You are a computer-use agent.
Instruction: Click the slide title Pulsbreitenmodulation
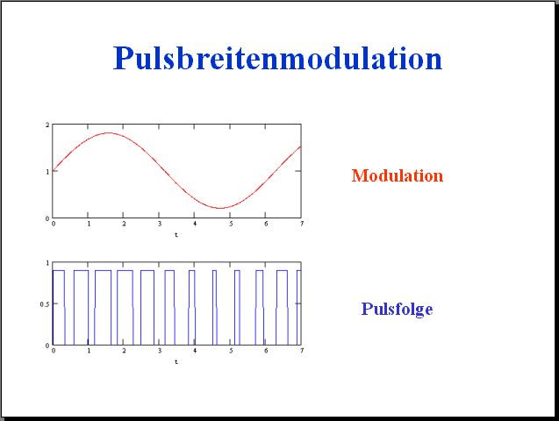[x=277, y=59]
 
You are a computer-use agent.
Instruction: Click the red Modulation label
[x=398, y=175]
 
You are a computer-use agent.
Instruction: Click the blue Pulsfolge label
[x=398, y=309]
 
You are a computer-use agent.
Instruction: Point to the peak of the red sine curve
[x=109, y=132]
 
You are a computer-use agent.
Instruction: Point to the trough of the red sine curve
[x=220, y=208]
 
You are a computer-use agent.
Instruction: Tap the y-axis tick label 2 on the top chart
[x=47, y=125]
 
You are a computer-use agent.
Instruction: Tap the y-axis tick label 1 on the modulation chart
[x=47, y=172]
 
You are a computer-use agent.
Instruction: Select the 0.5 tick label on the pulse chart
[x=45, y=304]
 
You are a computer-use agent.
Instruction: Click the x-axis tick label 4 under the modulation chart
[x=195, y=224]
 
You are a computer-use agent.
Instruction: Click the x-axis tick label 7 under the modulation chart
[x=302, y=224]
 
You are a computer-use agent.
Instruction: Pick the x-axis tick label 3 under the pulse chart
[x=160, y=351]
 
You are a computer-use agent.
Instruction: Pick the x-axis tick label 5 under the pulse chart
[x=231, y=351]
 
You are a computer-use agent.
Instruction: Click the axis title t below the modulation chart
[x=176, y=235]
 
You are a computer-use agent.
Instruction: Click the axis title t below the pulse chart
[x=176, y=362]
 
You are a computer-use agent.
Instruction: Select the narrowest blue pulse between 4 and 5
[x=214, y=308]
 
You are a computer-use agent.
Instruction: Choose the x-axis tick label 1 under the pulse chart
[x=89, y=351]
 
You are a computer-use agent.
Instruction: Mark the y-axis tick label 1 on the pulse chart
[x=47, y=263]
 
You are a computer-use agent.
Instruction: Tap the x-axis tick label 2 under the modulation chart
[x=124, y=224]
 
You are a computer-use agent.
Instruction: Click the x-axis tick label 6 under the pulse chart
[x=266, y=351]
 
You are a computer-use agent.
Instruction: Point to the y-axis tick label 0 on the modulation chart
[x=47, y=218]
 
